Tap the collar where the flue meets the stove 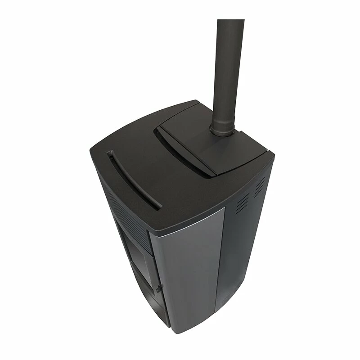coord(223,131)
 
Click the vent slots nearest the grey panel coord(242,204)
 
